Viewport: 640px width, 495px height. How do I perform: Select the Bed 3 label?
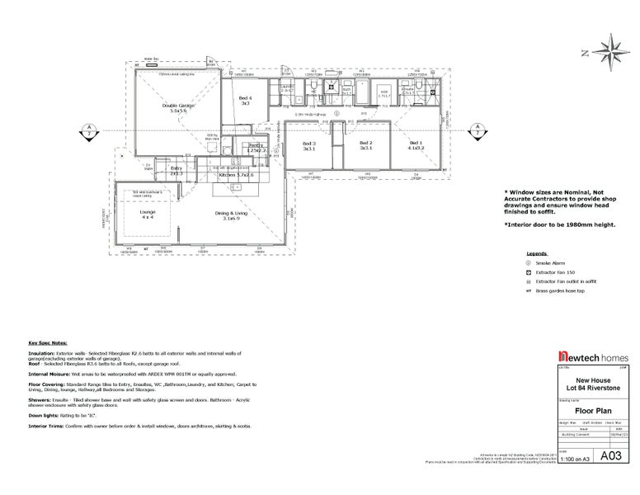point(309,145)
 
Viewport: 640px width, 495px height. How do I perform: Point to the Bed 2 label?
point(366,145)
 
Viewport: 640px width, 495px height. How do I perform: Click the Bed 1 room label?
point(415,145)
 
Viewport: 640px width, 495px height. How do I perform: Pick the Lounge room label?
point(148,214)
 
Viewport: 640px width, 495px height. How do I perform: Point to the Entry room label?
point(176,171)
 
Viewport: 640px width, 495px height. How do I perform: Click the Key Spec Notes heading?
point(48,342)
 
